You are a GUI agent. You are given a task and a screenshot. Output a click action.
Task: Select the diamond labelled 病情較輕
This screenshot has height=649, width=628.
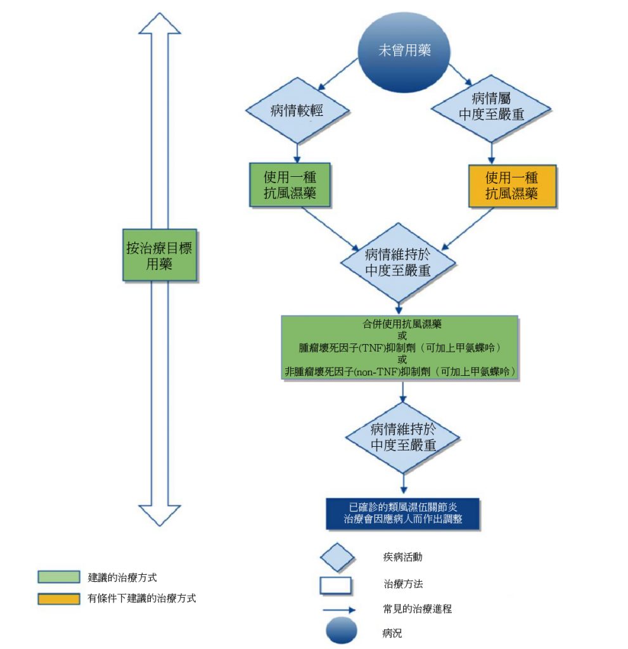(297, 111)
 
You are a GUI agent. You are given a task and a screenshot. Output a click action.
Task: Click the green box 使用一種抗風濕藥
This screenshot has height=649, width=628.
(290, 186)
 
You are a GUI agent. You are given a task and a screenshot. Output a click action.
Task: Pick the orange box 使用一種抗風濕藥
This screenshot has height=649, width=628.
(512, 186)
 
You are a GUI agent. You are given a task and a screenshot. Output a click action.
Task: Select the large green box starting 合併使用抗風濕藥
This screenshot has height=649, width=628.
(400, 347)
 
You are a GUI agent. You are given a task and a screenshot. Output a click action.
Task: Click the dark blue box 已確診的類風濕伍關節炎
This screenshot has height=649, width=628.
(402, 514)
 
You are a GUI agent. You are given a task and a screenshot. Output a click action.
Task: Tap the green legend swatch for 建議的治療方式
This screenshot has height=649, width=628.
(58, 577)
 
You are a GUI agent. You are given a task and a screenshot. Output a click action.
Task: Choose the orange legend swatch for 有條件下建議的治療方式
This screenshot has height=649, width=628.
(58, 598)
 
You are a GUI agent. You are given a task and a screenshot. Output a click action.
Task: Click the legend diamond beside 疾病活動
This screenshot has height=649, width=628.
(336, 558)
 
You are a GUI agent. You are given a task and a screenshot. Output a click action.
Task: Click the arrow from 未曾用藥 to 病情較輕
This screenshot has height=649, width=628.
(336, 75)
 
